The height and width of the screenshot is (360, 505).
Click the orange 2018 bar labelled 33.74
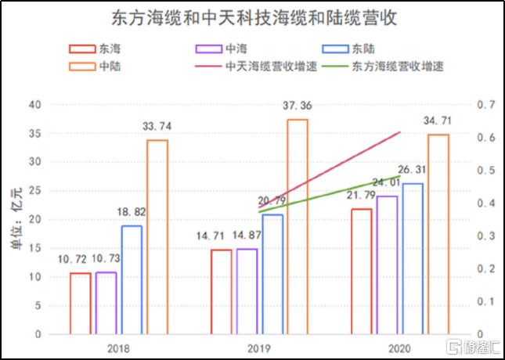(157, 236)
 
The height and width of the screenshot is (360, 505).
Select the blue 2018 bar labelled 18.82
(132, 279)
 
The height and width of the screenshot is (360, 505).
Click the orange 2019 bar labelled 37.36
(298, 226)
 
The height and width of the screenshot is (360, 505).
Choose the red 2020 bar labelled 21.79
(361, 271)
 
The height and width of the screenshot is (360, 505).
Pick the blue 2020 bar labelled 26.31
(413, 258)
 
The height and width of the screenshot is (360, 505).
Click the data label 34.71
(438, 122)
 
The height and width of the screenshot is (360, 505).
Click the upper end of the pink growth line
(400, 132)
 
